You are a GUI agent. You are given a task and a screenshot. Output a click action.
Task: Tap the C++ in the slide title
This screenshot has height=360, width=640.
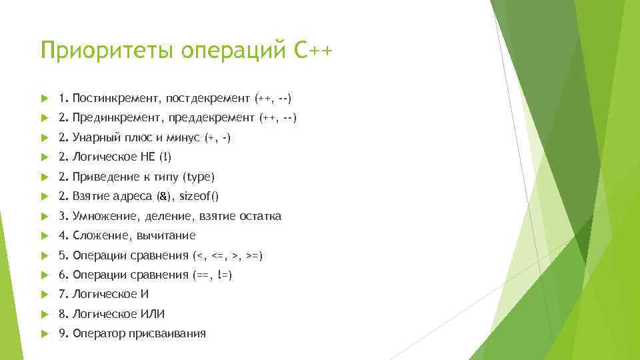311,51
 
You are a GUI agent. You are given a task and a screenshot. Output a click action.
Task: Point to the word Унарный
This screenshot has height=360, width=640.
93,138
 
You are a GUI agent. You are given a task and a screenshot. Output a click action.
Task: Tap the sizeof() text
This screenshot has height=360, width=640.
199,197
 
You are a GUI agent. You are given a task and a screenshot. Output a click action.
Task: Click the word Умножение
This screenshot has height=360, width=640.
101,216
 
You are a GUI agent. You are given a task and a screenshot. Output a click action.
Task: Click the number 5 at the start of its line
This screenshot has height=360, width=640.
62,255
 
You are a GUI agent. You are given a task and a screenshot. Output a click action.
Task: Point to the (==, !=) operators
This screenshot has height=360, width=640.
211,275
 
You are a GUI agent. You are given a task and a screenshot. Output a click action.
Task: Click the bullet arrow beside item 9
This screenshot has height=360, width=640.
44,333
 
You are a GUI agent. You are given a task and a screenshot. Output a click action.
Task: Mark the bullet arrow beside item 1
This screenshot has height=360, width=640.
44,99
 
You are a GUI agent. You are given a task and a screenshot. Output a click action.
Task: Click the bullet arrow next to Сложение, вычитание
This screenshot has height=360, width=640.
44,235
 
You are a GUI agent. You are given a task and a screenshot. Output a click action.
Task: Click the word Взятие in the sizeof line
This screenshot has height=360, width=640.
89,197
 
